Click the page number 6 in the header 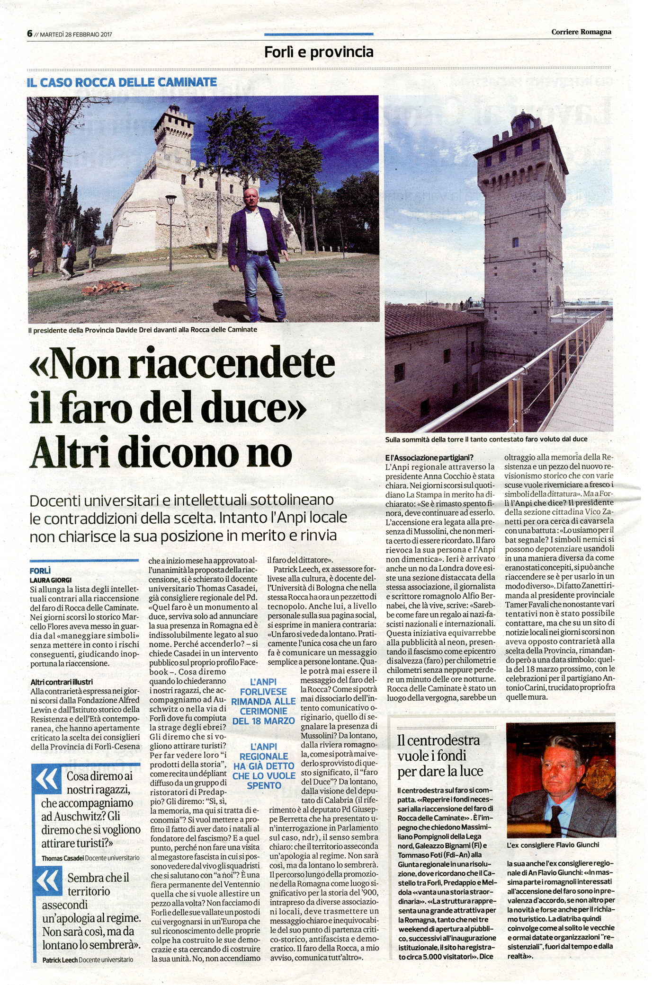29,34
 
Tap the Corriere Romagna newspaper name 581,32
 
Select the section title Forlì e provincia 319,52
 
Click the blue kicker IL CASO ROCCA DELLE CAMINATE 122,82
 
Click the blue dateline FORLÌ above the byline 40,571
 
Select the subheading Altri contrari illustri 62,682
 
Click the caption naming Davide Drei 143,329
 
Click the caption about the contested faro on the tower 486,439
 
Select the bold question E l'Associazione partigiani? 429,457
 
